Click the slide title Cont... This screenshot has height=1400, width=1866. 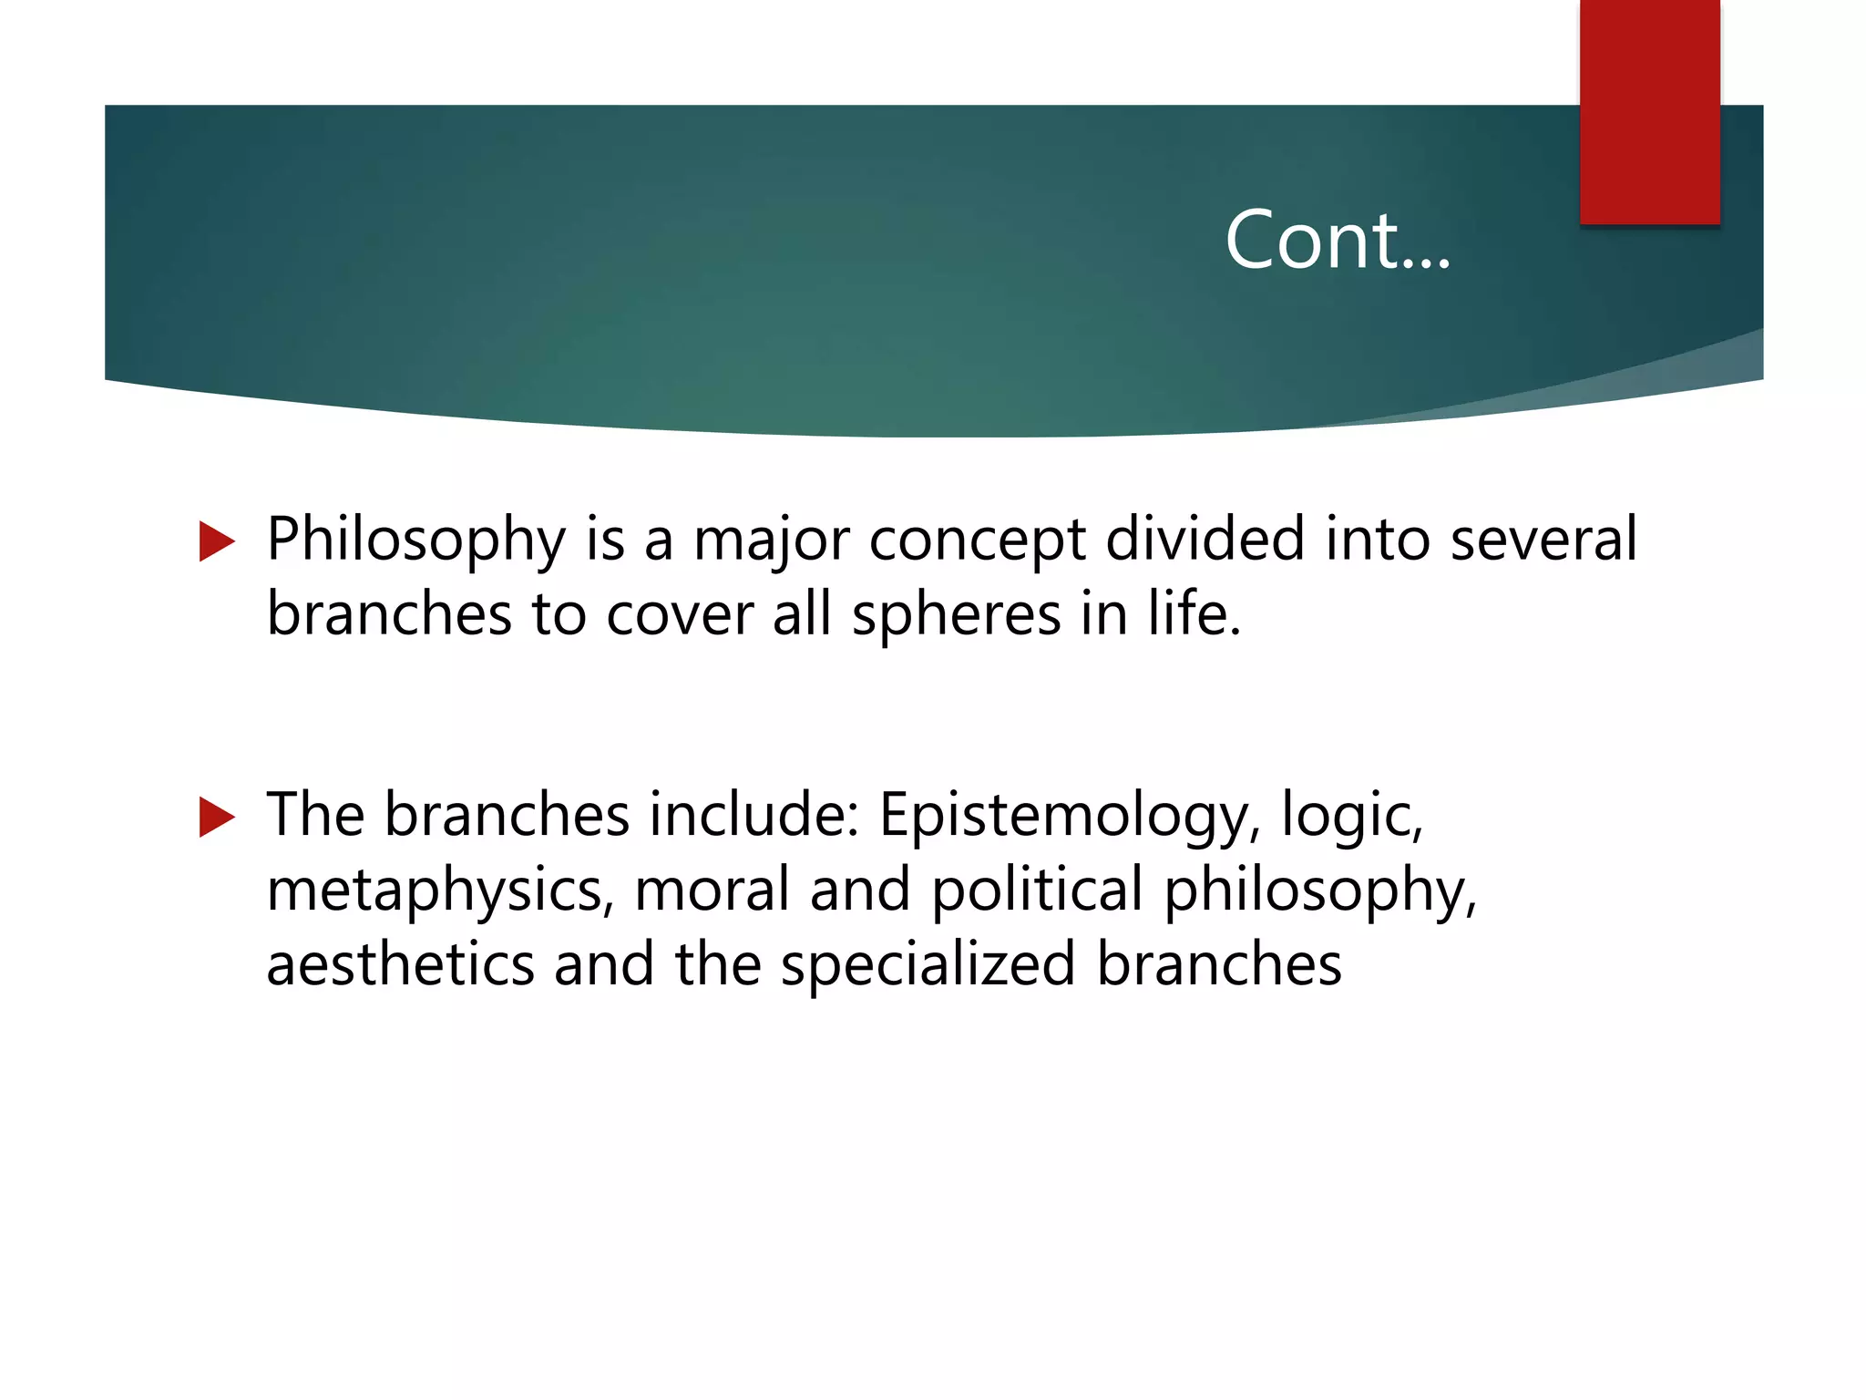pos(1337,240)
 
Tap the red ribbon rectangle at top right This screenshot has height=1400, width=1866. pos(1649,111)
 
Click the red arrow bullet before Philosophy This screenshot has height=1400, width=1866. pos(217,541)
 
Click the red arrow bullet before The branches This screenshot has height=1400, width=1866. pos(217,817)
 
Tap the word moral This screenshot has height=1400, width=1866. pos(712,890)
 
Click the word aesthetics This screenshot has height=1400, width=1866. pos(400,964)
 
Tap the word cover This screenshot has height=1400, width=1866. pos(680,614)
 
